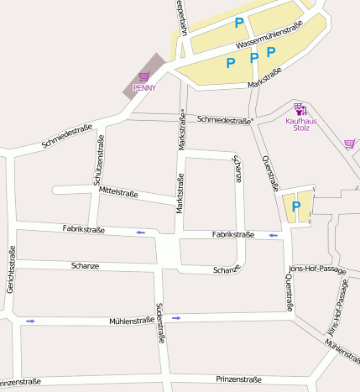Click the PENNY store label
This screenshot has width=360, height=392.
[x=144, y=87]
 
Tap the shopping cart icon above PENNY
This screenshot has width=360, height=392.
[x=144, y=77]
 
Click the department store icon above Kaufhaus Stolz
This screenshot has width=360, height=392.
[x=300, y=109]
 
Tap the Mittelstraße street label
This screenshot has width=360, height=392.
[x=118, y=192]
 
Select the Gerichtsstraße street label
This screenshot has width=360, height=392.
[x=12, y=270]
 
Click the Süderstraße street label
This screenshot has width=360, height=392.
[x=160, y=323]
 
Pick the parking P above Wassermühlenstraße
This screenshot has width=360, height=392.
[x=239, y=24]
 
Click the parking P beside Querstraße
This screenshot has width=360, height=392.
[x=296, y=206]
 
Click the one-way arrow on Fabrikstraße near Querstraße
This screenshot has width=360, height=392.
[x=274, y=236]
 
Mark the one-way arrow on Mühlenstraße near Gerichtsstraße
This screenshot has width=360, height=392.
[x=31, y=321]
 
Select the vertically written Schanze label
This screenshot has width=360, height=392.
[x=237, y=168]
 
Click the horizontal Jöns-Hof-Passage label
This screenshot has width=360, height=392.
[x=317, y=269]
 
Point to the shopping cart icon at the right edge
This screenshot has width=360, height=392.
[x=349, y=144]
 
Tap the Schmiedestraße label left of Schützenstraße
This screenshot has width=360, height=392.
[x=66, y=138]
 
